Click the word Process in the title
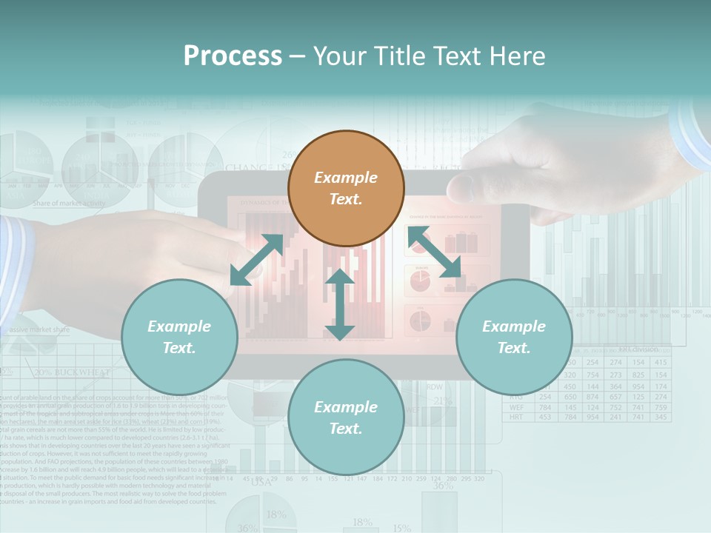pos(233,56)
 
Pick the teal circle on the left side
pos(179,337)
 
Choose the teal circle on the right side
pos(514,337)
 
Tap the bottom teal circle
pos(346,418)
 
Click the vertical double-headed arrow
pos(340,304)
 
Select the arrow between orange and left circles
pos(257,260)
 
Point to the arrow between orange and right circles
pos(434,252)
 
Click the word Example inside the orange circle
pos(346,178)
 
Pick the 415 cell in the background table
pos(661,363)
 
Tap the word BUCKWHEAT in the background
pos(82,372)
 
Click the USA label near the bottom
pos(261,482)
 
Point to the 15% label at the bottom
pos(401,528)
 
